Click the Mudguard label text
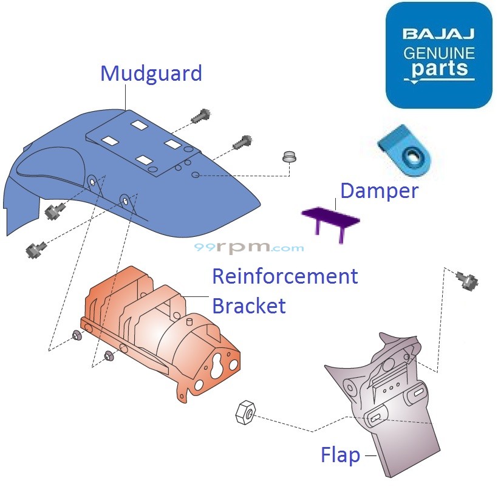click(151, 73)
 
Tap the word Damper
click(379, 191)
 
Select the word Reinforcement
click(284, 276)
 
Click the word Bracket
click(248, 305)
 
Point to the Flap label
click(340, 455)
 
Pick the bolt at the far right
click(468, 281)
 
